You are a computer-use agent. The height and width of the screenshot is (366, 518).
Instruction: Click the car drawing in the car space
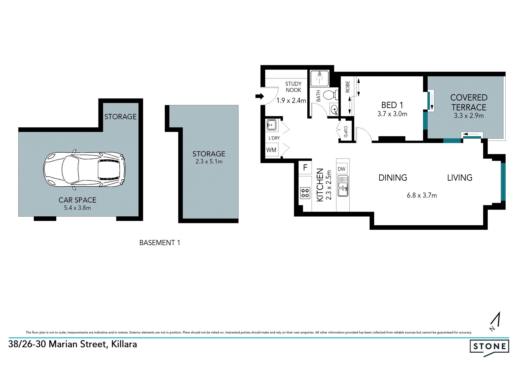pos(84,169)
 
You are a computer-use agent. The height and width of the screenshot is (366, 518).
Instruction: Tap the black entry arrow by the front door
pos(260,96)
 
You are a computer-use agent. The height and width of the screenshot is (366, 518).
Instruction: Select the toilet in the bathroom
pos(331,95)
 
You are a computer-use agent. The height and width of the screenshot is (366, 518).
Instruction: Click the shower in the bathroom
pos(319,78)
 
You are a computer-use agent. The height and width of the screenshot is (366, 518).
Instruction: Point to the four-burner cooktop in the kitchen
pos(305,193)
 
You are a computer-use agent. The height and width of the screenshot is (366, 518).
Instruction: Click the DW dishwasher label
pos(342,169)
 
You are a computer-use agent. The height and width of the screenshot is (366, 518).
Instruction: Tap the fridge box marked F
pos(305,167)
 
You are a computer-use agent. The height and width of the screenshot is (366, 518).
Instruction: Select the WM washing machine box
pos(271,150)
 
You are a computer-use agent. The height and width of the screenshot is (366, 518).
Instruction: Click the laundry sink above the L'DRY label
pos(271,125)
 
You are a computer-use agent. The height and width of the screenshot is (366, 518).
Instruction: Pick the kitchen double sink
pos(343,186)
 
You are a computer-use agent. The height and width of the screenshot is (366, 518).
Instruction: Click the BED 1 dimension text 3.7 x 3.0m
pos(392,114)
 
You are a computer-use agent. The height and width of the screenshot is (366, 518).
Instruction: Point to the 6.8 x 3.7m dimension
pos(422,195)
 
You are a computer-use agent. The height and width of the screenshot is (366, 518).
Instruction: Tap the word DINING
pos(393,178)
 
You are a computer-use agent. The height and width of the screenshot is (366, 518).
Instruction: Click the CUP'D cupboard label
pos(346,132)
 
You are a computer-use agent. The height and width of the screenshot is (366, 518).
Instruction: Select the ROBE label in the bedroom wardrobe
pos(347,87)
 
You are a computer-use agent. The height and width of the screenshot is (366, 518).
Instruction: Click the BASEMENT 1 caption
pos(160,243)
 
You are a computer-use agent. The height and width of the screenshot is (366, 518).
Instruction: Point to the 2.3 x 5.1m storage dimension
pos(209,162)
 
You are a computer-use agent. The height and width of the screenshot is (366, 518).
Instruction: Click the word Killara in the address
pos(124,344)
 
